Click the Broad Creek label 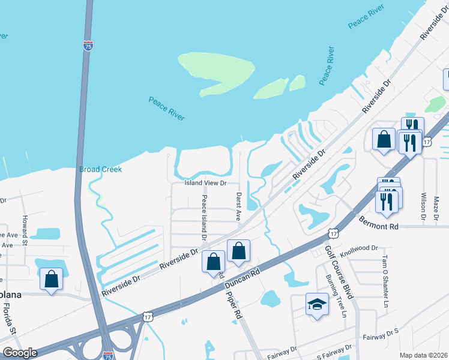click(100, 170)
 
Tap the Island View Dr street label click(205, 183)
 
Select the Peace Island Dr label click(204, 217)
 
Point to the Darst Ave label click(238, 206)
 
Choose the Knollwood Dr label click(358, 247)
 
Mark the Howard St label click(25, 230)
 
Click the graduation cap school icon click(316, 304)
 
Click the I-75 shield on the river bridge click(88, 46)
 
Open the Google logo click(20, 353)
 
